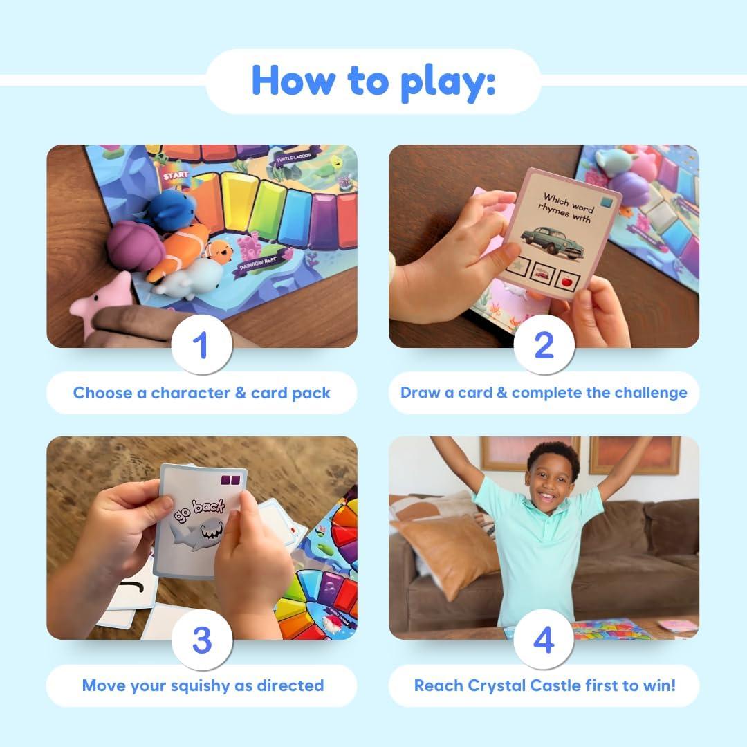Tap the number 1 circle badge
coord(201,344)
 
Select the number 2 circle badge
coord(544,344)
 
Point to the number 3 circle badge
coord(201,640)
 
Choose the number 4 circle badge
coord(544,640)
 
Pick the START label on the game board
coord(176,176)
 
